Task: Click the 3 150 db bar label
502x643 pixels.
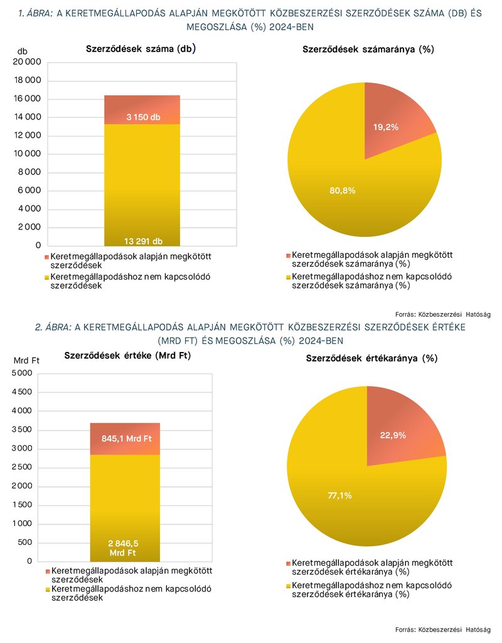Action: point(143,118)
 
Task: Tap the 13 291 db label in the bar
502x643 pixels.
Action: point(143,241)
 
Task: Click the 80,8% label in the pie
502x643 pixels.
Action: point(343,190)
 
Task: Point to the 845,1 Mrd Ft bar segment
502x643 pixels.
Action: point(125,439)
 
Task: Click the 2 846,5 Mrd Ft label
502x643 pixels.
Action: point(123,548)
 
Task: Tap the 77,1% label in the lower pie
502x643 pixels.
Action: point(340,495)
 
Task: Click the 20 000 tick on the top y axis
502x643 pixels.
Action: point(28,62)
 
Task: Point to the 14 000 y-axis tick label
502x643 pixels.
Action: point(28,117)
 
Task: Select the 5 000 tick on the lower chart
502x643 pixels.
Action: point(22,373)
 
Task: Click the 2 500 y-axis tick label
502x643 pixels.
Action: point(22,467)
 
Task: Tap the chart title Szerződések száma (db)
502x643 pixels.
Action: point(141,49)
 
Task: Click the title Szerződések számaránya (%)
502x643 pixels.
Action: point(368,49)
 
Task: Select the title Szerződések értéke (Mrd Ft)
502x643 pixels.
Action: point(127,356)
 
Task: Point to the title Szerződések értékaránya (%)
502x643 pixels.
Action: point(371,358)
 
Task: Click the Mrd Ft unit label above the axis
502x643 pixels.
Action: point(26,360)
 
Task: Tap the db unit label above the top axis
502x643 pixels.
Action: point(22,52)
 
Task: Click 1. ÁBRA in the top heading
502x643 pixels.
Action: point(36,13)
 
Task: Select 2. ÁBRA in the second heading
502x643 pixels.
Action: point(53,327)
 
